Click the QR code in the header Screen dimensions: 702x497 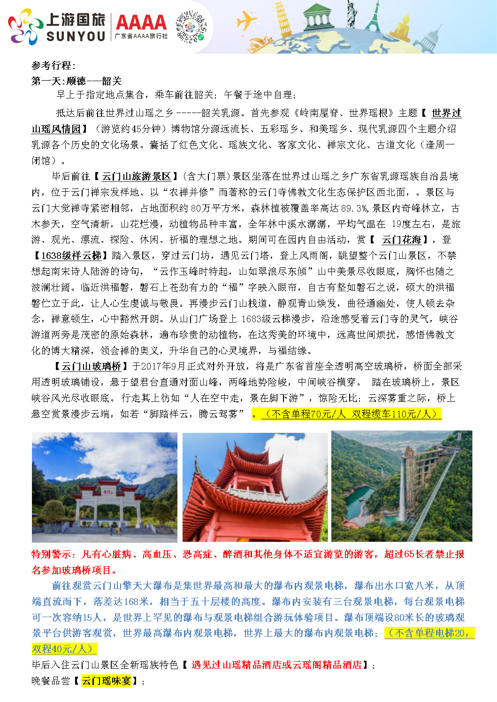point(191,27)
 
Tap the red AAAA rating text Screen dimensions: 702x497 point(141,22)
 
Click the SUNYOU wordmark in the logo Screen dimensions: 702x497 point(76,37)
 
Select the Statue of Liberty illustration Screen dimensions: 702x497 point(351,14)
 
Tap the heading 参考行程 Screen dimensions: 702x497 point(53,65)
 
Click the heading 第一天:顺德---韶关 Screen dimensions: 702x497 point(76,81)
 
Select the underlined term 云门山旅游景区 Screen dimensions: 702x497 point(136,176)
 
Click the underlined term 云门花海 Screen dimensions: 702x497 point(401,240)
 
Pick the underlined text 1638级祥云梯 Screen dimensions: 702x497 point(71,256)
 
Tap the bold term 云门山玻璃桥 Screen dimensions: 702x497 point(92,366)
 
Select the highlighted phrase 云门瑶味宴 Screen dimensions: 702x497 point(106,681)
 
